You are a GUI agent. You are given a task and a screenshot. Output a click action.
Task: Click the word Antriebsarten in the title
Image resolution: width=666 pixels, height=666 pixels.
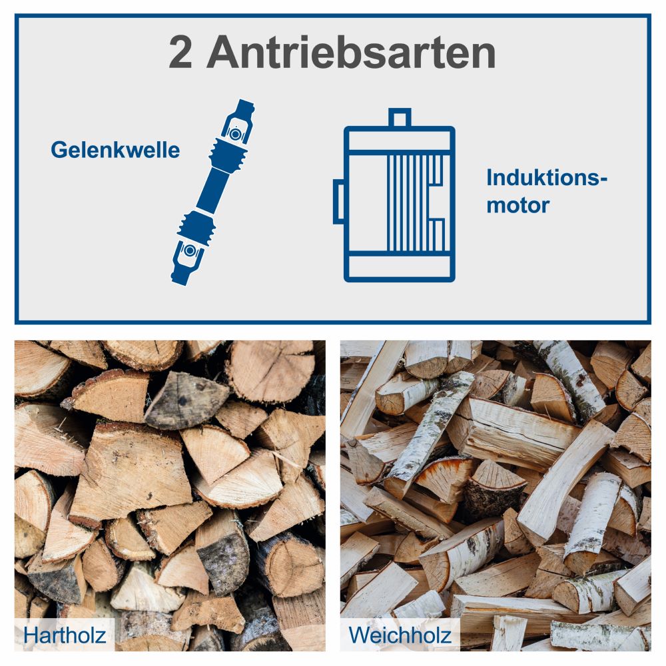click(351, 54)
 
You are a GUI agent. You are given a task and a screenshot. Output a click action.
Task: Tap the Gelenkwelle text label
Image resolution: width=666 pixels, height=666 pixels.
click(115, 150)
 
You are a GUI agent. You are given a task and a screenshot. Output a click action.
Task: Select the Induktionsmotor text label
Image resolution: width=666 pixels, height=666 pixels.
click(547, 191)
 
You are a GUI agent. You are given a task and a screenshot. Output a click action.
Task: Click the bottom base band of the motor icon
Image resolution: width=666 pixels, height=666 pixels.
click(399, 266)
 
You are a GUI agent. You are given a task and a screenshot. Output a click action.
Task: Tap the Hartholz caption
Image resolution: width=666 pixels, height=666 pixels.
click(65, 635)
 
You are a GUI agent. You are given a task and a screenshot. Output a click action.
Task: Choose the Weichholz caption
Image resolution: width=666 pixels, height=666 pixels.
click(400, 635)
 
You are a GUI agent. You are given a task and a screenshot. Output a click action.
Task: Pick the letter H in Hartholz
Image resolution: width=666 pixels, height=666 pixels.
click(31, 635)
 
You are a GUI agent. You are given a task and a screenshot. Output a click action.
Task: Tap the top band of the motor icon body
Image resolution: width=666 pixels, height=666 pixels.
click(399, 139)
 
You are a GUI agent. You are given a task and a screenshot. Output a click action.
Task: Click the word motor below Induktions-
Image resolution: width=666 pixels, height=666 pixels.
click(517, 204)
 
